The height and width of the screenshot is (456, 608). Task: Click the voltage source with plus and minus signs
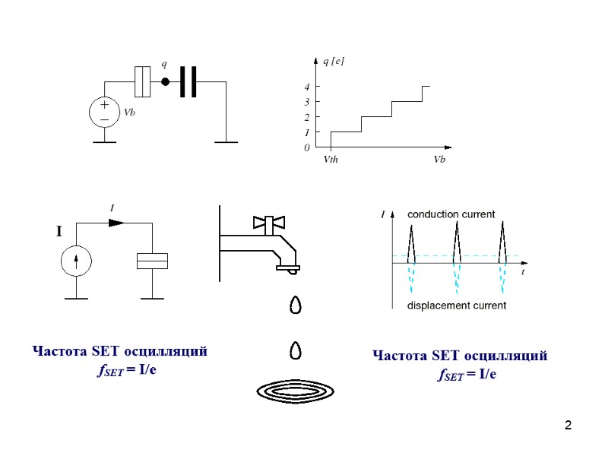(x=104, y=112)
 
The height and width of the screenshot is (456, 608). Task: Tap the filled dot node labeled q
(x=164, y=82)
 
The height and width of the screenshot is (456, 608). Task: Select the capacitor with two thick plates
(x=188, y=82)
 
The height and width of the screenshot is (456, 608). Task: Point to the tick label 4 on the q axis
(x=307, y=87)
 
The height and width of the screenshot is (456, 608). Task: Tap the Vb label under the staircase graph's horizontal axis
(x=439, y=160)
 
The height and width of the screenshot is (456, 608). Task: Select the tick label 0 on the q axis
(x=307, y=148)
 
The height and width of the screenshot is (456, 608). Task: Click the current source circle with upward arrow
(x=76, y=261)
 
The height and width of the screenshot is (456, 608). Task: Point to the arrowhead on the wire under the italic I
(x=116, y=223)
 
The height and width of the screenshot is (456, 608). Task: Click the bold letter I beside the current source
(x=59, y=233)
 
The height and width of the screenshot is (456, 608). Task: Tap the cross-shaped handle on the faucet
(x=270, y=223)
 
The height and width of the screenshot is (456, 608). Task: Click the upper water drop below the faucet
(x=296, y=305)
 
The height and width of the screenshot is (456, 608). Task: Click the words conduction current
(x=451, y=215)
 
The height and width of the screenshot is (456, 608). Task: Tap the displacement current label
(x=457, y=306)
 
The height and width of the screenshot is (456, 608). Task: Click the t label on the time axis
(x=523, y=271)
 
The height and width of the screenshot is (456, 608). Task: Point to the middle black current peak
(x=457, y=243)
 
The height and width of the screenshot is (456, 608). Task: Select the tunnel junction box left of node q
(x=143, y=82)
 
